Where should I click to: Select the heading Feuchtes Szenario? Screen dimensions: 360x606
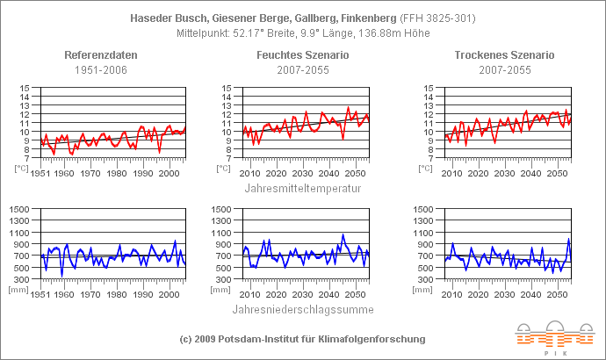point(302,54)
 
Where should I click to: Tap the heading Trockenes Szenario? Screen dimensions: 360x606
point(504,54)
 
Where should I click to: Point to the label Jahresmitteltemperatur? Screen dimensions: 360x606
point(302,187)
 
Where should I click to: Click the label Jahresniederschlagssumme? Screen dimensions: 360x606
point(302,309)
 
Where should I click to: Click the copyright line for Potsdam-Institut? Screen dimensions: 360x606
point(302,338)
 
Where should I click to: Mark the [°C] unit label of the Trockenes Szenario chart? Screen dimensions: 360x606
point(428,168)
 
